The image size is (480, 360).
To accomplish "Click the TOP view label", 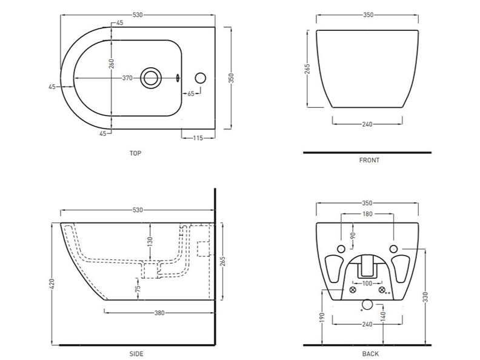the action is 135,153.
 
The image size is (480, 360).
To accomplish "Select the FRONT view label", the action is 369,161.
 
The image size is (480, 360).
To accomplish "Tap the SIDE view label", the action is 136,354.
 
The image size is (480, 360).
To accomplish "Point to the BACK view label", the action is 370,354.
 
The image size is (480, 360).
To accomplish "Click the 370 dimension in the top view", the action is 127,78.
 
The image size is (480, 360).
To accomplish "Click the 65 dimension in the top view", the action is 190,93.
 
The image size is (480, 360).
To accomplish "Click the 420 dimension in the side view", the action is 52,283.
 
